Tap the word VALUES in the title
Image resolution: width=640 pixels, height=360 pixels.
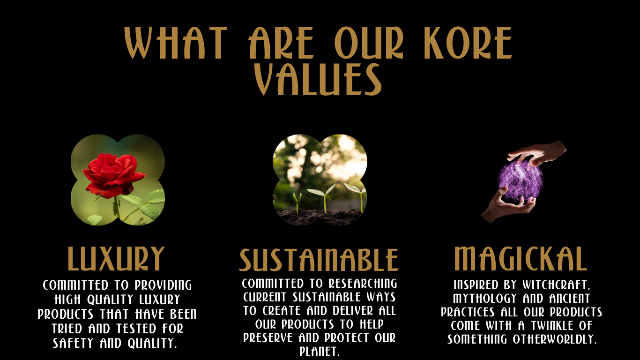click(318, 79)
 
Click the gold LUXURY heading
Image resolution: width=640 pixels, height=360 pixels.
click(116, 259)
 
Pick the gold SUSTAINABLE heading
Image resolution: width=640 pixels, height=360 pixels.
click(319, 260)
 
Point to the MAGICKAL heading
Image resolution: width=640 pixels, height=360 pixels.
click(520, 258)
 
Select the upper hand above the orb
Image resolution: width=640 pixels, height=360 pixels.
click(539, 153)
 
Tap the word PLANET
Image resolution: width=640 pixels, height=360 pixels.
click(319, 352)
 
